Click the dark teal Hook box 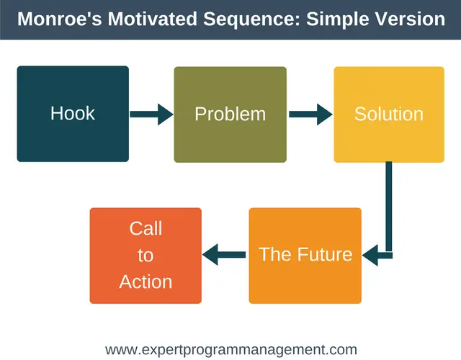click(x=73, y=114)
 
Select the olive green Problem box click(x=230, y=114)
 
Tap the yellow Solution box click(x=389, y=114)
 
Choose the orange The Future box click(x=305, y=256)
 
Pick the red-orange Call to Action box click(x=146, y=256)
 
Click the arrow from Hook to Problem click(x=151, y=114)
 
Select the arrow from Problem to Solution click(x=310, y=114)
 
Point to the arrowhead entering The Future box click(x=370, y=255)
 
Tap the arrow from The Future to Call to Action click(x=224, y=254)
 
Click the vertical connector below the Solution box click(x=389, y=207)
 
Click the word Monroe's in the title click(x=60, y=19)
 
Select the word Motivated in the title click(x=152, y=19)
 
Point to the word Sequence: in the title click(x=252, y=19)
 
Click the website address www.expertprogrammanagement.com click(x=231, y=350)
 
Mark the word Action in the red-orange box click(x=146, y=282)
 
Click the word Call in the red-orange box click(x=146, y=228)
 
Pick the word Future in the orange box click(x=325, y=254)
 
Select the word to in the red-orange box click(x=146, y=256)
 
